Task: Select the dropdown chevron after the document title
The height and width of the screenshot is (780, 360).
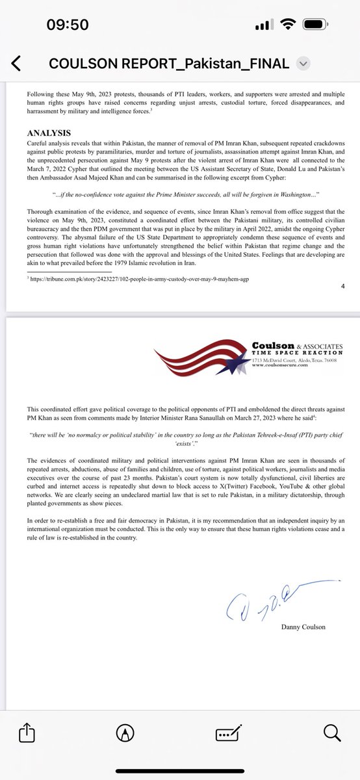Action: pyautogui.click(x=303, y=63)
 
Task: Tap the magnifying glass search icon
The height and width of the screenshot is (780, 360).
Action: pyautogui.click(x=331, y=733)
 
